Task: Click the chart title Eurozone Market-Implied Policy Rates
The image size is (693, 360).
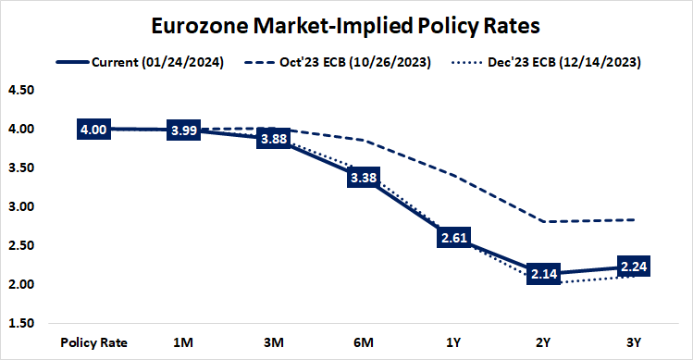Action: (346, 24)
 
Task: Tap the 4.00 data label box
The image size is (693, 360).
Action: (93, 130)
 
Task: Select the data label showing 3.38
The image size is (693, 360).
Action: (363, 179)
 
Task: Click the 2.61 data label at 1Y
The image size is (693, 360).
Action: (453, 239)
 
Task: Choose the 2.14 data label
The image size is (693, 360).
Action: (543, 275)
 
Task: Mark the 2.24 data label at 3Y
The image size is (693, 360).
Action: (633, 267)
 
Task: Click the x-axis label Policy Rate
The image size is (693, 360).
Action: (93, 341)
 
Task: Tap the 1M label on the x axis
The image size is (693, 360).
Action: (183, 341)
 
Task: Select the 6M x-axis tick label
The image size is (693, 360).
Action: (363, 341)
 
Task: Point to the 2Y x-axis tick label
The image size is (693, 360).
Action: (543, 341)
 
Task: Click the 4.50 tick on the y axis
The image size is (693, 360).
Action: (20, 91)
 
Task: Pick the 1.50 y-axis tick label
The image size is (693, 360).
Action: (20, 323)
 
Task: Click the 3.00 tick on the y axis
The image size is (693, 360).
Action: (20, 207)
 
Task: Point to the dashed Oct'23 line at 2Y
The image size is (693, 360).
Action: (543, 222)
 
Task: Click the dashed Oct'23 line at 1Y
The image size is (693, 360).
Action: (453, 175)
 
